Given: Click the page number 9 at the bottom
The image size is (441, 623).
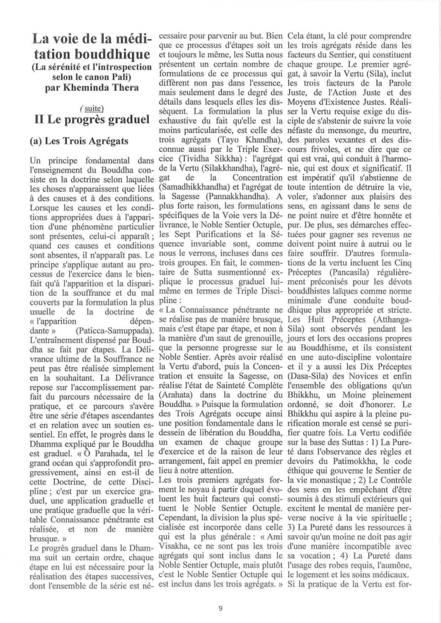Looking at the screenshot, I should pos(220,608).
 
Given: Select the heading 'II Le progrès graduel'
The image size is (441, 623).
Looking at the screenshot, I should pos(85,119).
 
